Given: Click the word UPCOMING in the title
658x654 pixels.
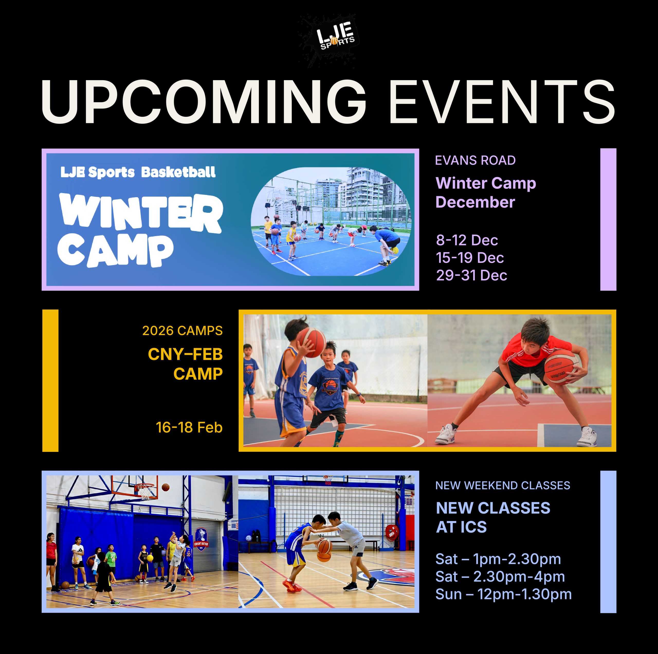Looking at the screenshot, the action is (x=204, y=101).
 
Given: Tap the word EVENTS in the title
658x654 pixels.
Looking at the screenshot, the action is (x=502, y=101).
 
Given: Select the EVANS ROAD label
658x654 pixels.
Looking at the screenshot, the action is (x=475, y=160).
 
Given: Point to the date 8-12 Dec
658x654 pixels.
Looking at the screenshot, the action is (x=467, y=240).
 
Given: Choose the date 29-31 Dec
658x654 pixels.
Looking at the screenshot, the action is (x=471, y=275).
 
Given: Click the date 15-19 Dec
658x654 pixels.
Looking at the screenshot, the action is (x=470, y=258).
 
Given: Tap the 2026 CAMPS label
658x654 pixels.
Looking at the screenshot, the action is (x=182, y=331).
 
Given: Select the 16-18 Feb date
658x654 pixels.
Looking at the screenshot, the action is (x=189, y=427).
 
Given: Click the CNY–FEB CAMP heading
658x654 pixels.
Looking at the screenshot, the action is (x=185, y=364).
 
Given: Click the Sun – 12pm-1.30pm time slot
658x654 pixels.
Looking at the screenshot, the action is (x=503, y=594).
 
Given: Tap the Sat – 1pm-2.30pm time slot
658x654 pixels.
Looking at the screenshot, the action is (x=498, y=559).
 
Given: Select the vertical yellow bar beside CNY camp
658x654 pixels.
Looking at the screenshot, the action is (x=50, y=381).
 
